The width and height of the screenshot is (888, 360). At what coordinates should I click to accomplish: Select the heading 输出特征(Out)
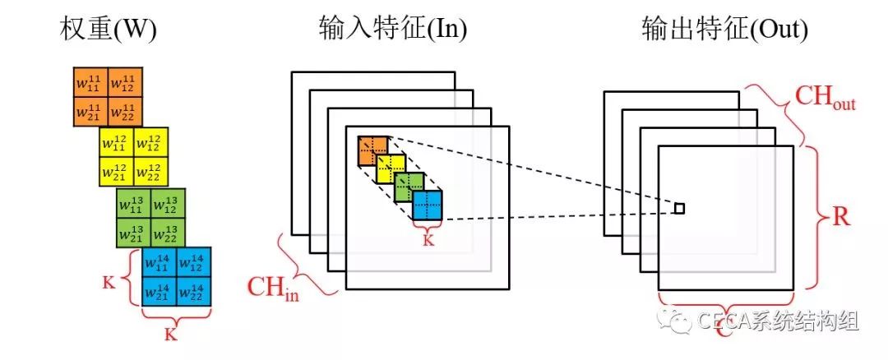pos(724,30)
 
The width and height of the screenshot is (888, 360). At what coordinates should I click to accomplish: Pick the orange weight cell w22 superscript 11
pos(125,110)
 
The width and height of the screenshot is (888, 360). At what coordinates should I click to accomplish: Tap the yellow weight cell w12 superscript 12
pos(150,142)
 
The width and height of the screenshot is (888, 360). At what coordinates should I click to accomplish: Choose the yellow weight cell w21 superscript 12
pos(116,171)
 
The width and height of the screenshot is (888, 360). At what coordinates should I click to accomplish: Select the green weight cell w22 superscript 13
pos(169,233)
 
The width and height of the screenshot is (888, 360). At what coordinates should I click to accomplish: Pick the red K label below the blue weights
pos(171,335)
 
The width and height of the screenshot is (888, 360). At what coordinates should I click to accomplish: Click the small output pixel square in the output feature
pos(679,209)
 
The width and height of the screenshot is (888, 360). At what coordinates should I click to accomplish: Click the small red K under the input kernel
pos(428,239)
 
